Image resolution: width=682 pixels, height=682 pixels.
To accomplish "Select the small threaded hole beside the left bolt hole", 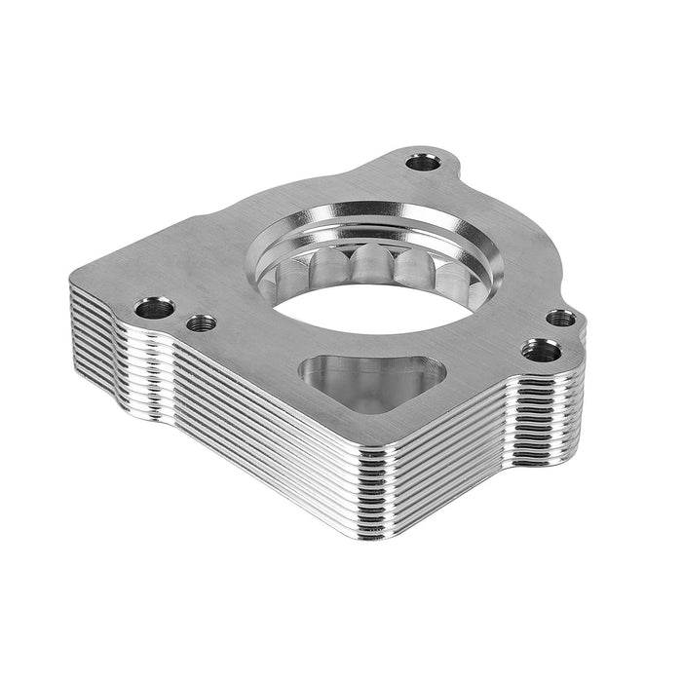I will pyautogui.click(x=203, y=322).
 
